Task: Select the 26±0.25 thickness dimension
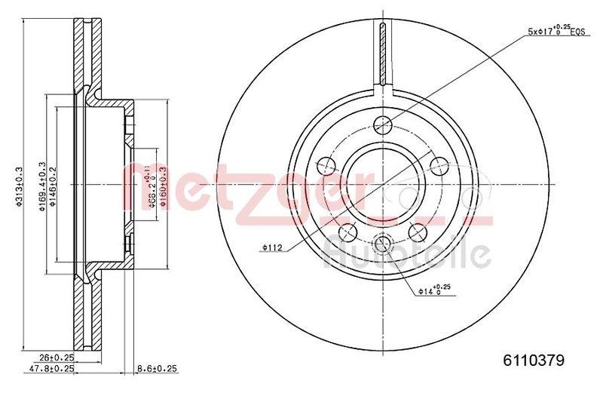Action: point(55,358)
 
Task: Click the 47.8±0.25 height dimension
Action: point(55,370)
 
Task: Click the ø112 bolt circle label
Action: point(273,247)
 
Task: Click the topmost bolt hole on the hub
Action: point(384,124)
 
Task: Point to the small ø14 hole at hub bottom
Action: point(384,242)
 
